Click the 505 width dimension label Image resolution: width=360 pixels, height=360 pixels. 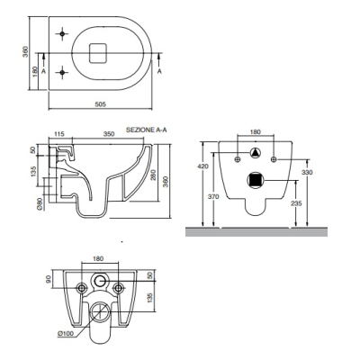tap(101, 104)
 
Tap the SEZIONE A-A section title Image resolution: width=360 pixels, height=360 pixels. tap(147, 130)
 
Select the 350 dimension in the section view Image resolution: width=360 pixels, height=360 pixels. tap(109, 134)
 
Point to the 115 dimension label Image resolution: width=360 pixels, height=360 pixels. tap(59, 134)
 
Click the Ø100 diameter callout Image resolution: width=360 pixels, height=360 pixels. tap(65, 333)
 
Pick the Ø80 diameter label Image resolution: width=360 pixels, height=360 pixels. tap(40, 204)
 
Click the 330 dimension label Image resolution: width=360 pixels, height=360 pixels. tap(307, 172)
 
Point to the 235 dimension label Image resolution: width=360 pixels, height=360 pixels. tap(296, 203)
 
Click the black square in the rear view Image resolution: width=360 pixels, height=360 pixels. tap(256, 180)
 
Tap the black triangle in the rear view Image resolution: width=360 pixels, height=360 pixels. tap(256, 153)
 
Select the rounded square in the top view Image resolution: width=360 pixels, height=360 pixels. tap(98, 53)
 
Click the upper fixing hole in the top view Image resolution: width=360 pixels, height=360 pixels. tap(62, 34)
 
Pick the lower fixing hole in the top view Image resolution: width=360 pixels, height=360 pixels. tap(62, 72)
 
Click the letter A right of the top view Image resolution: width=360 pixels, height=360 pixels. tap(160, 71)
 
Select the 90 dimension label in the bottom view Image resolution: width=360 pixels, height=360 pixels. tap(49, 279)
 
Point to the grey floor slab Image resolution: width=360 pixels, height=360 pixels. tap(256, 232)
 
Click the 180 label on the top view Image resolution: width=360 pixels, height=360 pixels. tap(35, 71)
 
